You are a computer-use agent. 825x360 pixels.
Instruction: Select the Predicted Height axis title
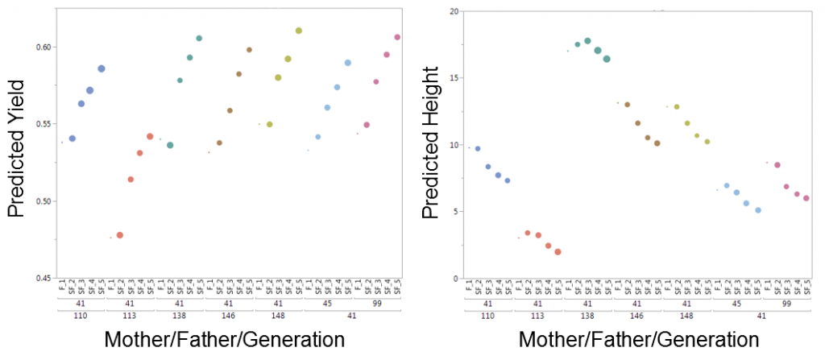click(x=430, y=150)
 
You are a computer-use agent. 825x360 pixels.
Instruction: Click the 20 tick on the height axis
click(x=454, y=11)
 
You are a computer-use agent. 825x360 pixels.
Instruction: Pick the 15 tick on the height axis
click(x=454, y=78)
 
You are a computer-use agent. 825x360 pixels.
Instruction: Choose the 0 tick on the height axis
click(x=456, y=279)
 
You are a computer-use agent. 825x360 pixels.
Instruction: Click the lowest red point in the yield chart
click(x=120, y=235)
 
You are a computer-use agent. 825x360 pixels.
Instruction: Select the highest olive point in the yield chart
click(x=299, y=31)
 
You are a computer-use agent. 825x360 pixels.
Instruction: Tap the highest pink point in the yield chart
click(x=397, y=37)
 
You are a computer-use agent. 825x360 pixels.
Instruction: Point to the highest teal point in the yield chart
click(x=199, y=38)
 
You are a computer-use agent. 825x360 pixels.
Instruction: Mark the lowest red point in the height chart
click(x=558, y=252)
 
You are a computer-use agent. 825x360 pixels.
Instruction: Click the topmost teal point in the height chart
click(x=587, y=41)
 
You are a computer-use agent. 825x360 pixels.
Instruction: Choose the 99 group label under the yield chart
click(x=377, y=304)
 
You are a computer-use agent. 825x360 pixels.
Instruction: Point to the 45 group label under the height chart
click(x=736, y=304)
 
